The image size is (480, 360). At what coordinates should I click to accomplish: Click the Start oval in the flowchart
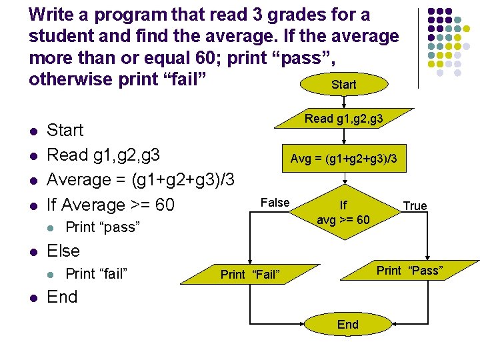point(343,85)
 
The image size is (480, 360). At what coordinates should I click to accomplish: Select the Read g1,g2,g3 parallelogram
point(343,119)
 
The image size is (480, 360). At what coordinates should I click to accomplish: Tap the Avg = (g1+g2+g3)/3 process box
point(343,159)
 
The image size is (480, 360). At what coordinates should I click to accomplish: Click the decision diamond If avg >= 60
point(343,213)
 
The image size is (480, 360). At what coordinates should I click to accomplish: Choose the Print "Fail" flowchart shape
point(250,274)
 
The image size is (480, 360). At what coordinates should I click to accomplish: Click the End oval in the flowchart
point(347,325)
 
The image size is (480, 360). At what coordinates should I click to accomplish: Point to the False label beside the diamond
point(275,203)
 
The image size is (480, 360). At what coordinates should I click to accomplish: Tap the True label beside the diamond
point(415,206)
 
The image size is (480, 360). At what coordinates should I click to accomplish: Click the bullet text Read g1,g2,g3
point(103,155)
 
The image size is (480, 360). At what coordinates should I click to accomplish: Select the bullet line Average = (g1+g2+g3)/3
point(140,180)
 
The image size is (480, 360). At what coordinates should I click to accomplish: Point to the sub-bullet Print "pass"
point(103,227)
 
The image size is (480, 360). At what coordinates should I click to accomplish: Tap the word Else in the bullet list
point(63,251)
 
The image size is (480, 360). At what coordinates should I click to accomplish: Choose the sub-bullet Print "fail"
point(97,273)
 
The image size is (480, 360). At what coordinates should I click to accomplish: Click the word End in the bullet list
point(62,297)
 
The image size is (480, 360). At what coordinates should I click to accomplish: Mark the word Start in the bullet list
point(65,130)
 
